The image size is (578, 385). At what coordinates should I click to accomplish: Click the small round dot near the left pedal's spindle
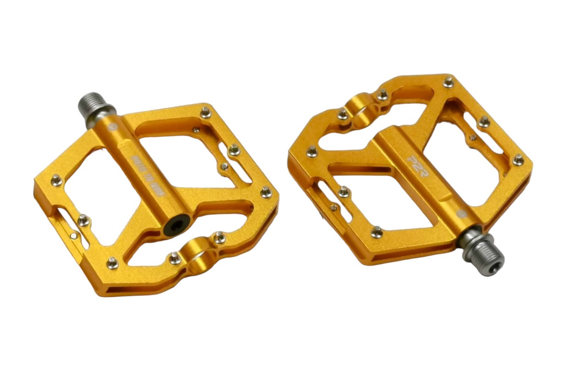pos(113,128)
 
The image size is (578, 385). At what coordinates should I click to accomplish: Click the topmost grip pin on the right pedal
pos(448,82)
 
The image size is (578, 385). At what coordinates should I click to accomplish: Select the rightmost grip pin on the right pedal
pos(518,159)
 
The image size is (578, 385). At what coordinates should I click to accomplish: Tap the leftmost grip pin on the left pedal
pos(56,180)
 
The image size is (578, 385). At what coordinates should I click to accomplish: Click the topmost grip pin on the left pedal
pos(206,112)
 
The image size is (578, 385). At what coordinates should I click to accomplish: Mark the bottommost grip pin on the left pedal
pos(112,263)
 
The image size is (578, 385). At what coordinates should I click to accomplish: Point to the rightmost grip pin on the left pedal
pos(266,192)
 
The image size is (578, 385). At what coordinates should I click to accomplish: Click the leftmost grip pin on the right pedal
pos(312,152)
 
